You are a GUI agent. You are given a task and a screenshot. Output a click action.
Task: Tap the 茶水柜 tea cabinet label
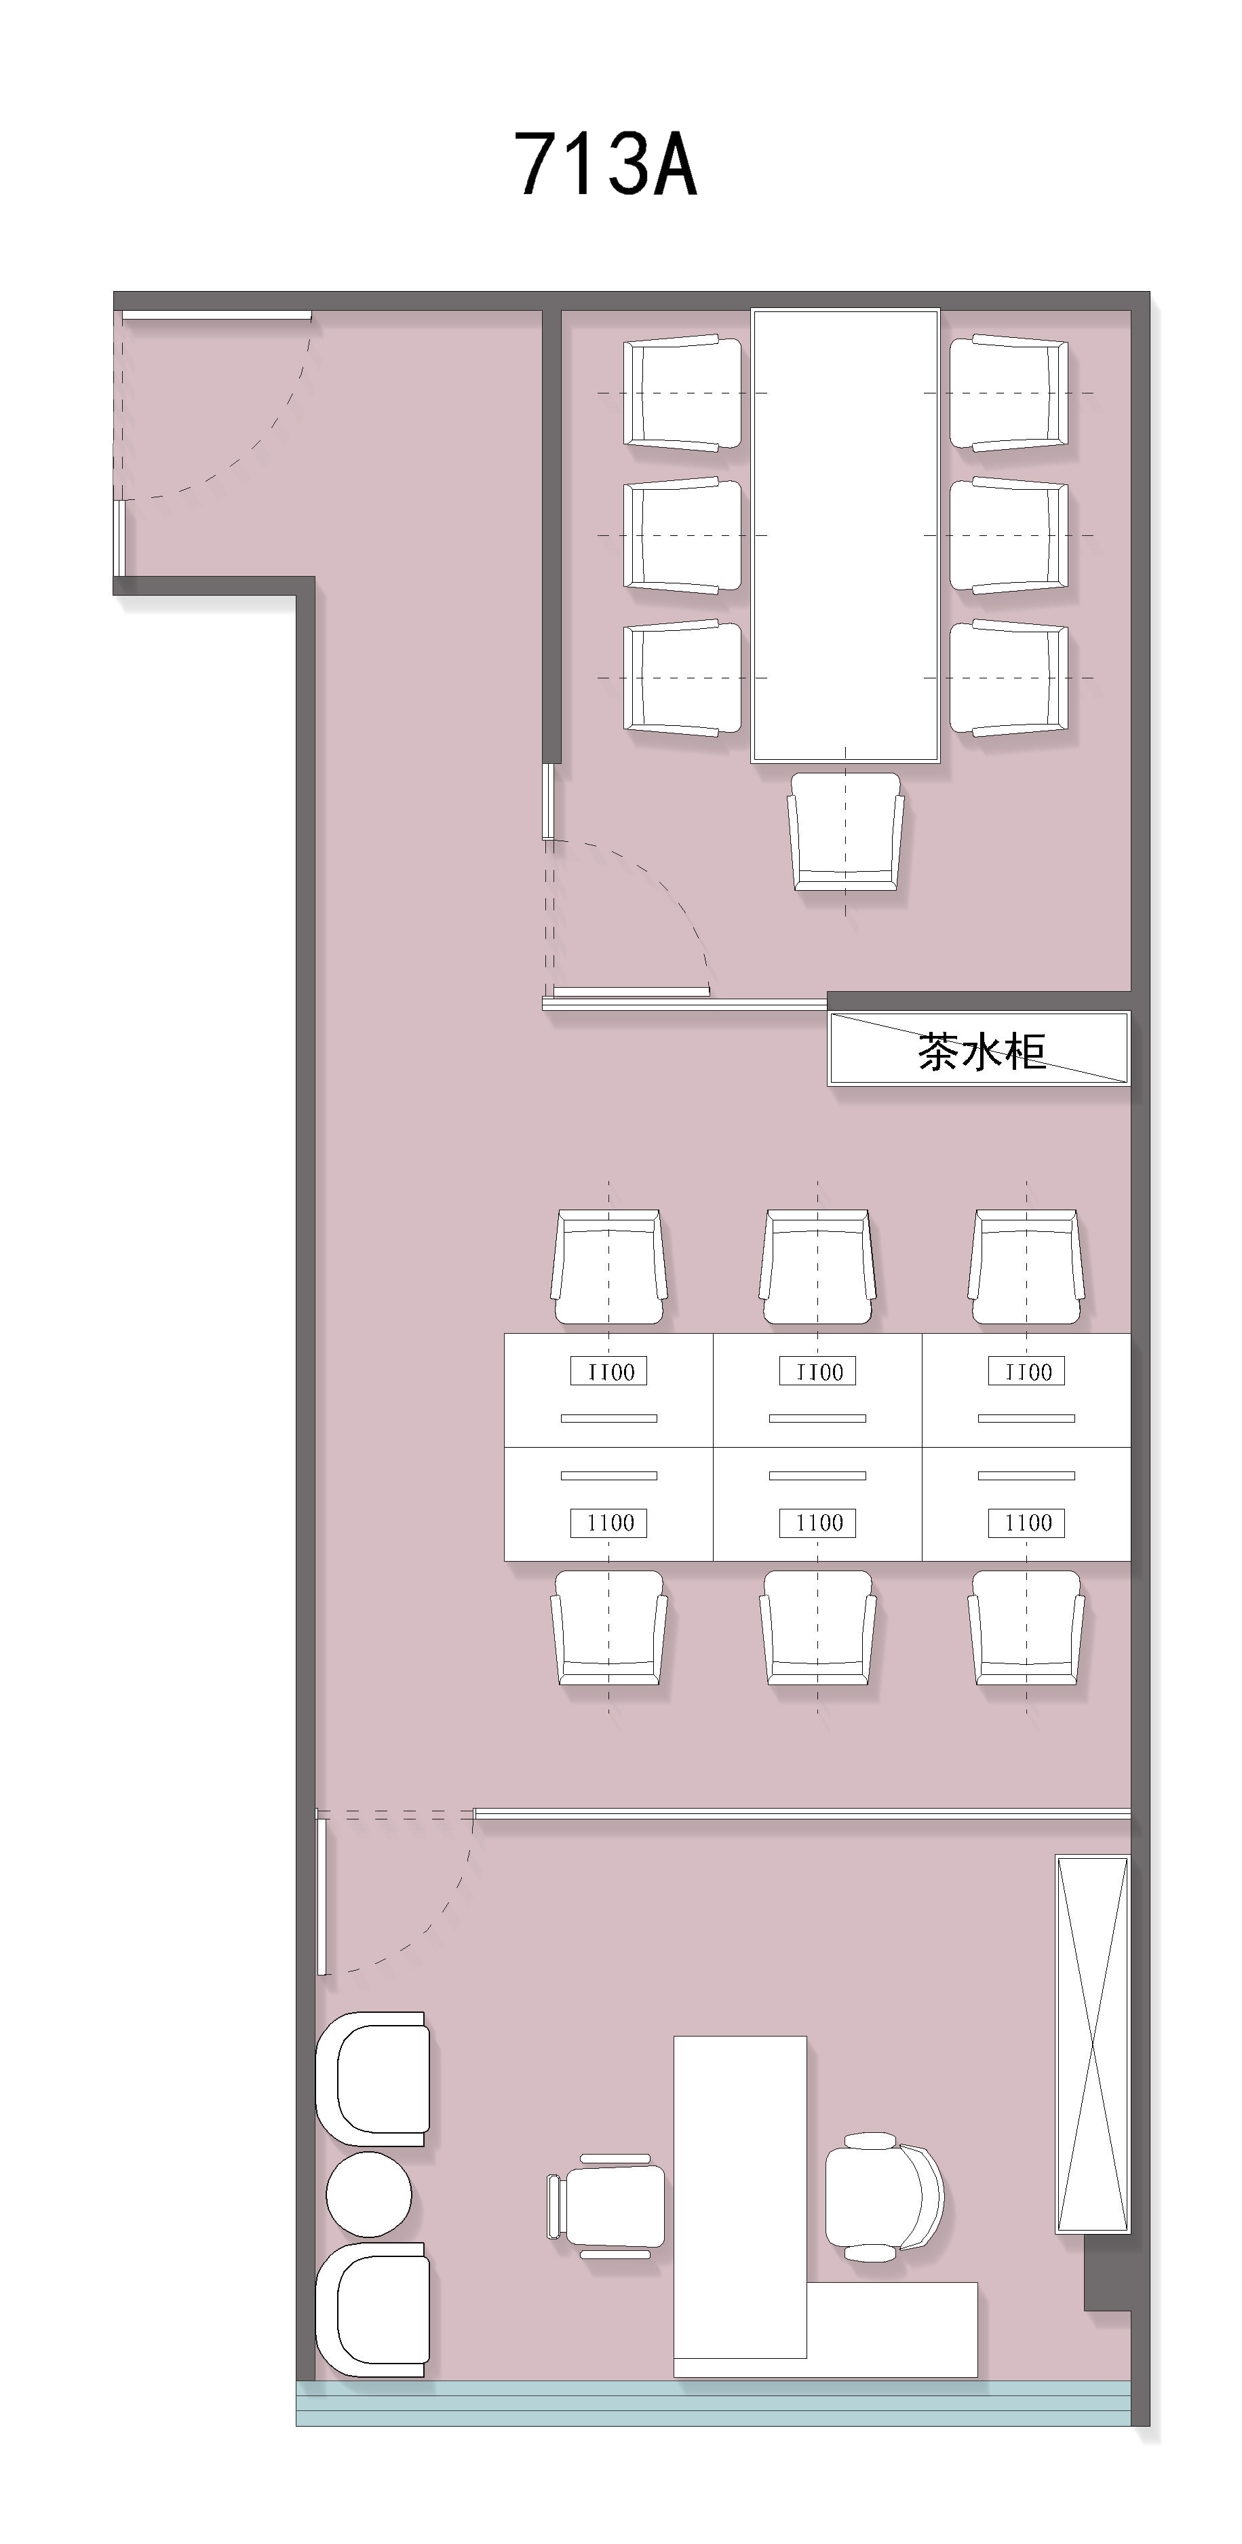tap(982, 1052)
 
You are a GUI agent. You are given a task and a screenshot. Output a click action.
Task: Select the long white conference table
tap(845, 536)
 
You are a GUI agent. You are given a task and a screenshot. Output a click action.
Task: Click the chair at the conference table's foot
tap(845, 832)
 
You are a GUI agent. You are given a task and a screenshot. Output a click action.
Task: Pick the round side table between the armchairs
tap(368, 2195)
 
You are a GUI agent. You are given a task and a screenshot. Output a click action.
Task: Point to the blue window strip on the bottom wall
tap(713, 2404)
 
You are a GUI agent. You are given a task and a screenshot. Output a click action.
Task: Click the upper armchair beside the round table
tap(372, 2078)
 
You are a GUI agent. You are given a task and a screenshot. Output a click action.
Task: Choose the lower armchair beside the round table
tap(372, 2309)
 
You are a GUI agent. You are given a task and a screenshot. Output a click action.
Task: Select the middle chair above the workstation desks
tap(817, 1267)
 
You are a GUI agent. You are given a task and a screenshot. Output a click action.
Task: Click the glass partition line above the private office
tap(802, 1813)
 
